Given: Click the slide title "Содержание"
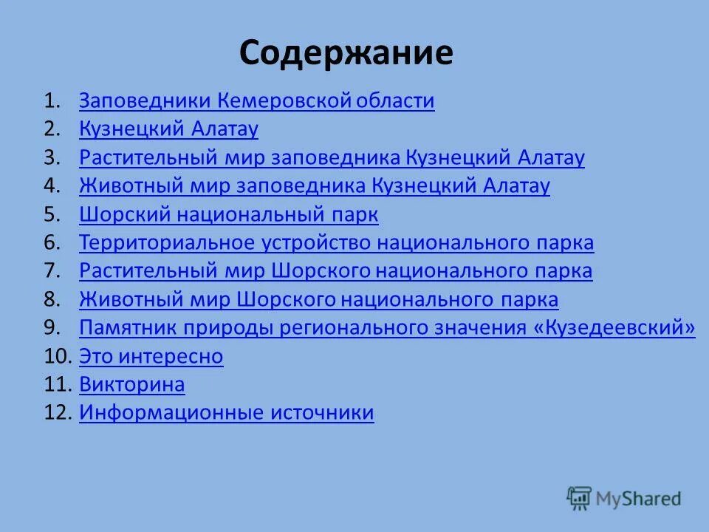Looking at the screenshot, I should coord(346,53).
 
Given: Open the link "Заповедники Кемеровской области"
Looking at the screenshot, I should coord(256,100).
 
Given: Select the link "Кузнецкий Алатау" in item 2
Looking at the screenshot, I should coord(168,129).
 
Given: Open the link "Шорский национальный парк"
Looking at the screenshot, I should coord(228,214).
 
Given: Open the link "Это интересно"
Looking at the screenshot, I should coord(151,356).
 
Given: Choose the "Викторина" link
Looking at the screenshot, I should coord(131,384).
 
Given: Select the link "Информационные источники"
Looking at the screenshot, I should coord(226,412).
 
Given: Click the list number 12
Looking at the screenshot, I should coord(56,412).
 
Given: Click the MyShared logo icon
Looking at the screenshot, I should coord(579,499).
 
